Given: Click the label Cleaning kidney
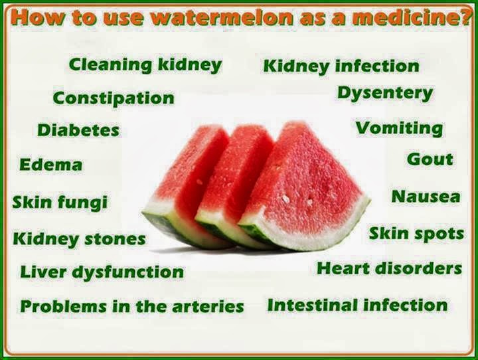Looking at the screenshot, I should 145,65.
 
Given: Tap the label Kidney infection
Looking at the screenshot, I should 341,66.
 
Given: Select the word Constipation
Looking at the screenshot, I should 114,98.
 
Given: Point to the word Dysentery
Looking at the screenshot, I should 384,93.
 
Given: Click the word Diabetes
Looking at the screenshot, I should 78,130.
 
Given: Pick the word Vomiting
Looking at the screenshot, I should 398,128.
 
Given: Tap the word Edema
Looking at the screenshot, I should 51,165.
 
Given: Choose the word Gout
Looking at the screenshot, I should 430,159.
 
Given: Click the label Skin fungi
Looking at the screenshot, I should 59,202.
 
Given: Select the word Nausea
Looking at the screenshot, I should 425,197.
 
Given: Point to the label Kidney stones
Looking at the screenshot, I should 79,238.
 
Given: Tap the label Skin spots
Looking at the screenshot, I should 416,234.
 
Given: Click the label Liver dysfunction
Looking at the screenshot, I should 102,272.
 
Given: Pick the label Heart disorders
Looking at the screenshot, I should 389,268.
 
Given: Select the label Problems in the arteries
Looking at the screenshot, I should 132,307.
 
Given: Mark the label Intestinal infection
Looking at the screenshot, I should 357,306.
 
